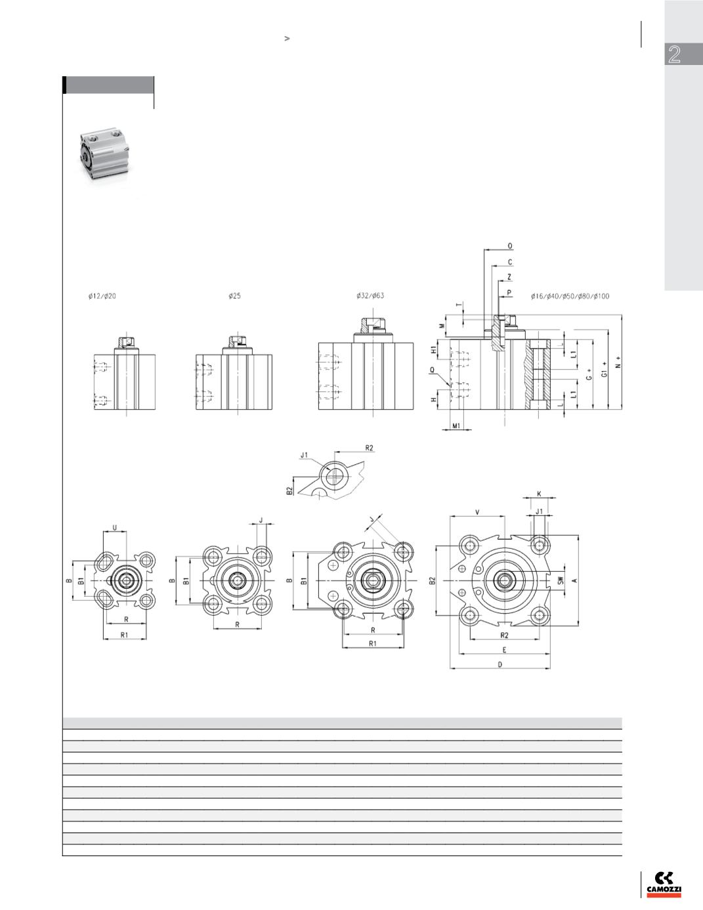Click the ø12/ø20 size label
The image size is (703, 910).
(x=102, y=296)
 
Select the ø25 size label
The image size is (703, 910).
(x=234, y=296)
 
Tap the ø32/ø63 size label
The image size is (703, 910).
(x=370, y=295)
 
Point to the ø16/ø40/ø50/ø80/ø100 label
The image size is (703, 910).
(x=570, y=296)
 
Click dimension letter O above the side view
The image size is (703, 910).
(x=510, y=246)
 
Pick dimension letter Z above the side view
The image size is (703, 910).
(x=509, y=277)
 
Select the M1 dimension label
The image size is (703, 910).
(x=456, y=425)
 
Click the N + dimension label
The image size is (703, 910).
(x=618, y=362)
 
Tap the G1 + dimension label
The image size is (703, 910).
(x=604, y=370)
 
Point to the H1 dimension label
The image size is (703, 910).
(x=434, y=349)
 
